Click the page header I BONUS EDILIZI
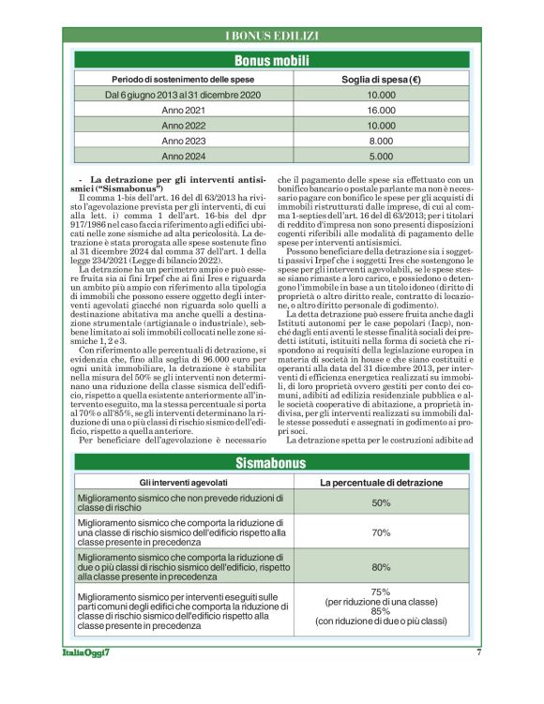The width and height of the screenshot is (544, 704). click(x=271, y=36)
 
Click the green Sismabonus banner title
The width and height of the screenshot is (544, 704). click(x=271, y=464)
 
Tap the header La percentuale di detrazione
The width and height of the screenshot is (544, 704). click(x=381, y=483)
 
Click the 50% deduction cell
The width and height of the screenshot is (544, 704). click(x=381, y=503)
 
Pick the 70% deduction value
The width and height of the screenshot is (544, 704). click(x=381, y=532)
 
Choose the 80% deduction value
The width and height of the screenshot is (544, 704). click(x=381, y=567)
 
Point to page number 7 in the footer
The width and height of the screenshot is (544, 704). click(x=478, y=652)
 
